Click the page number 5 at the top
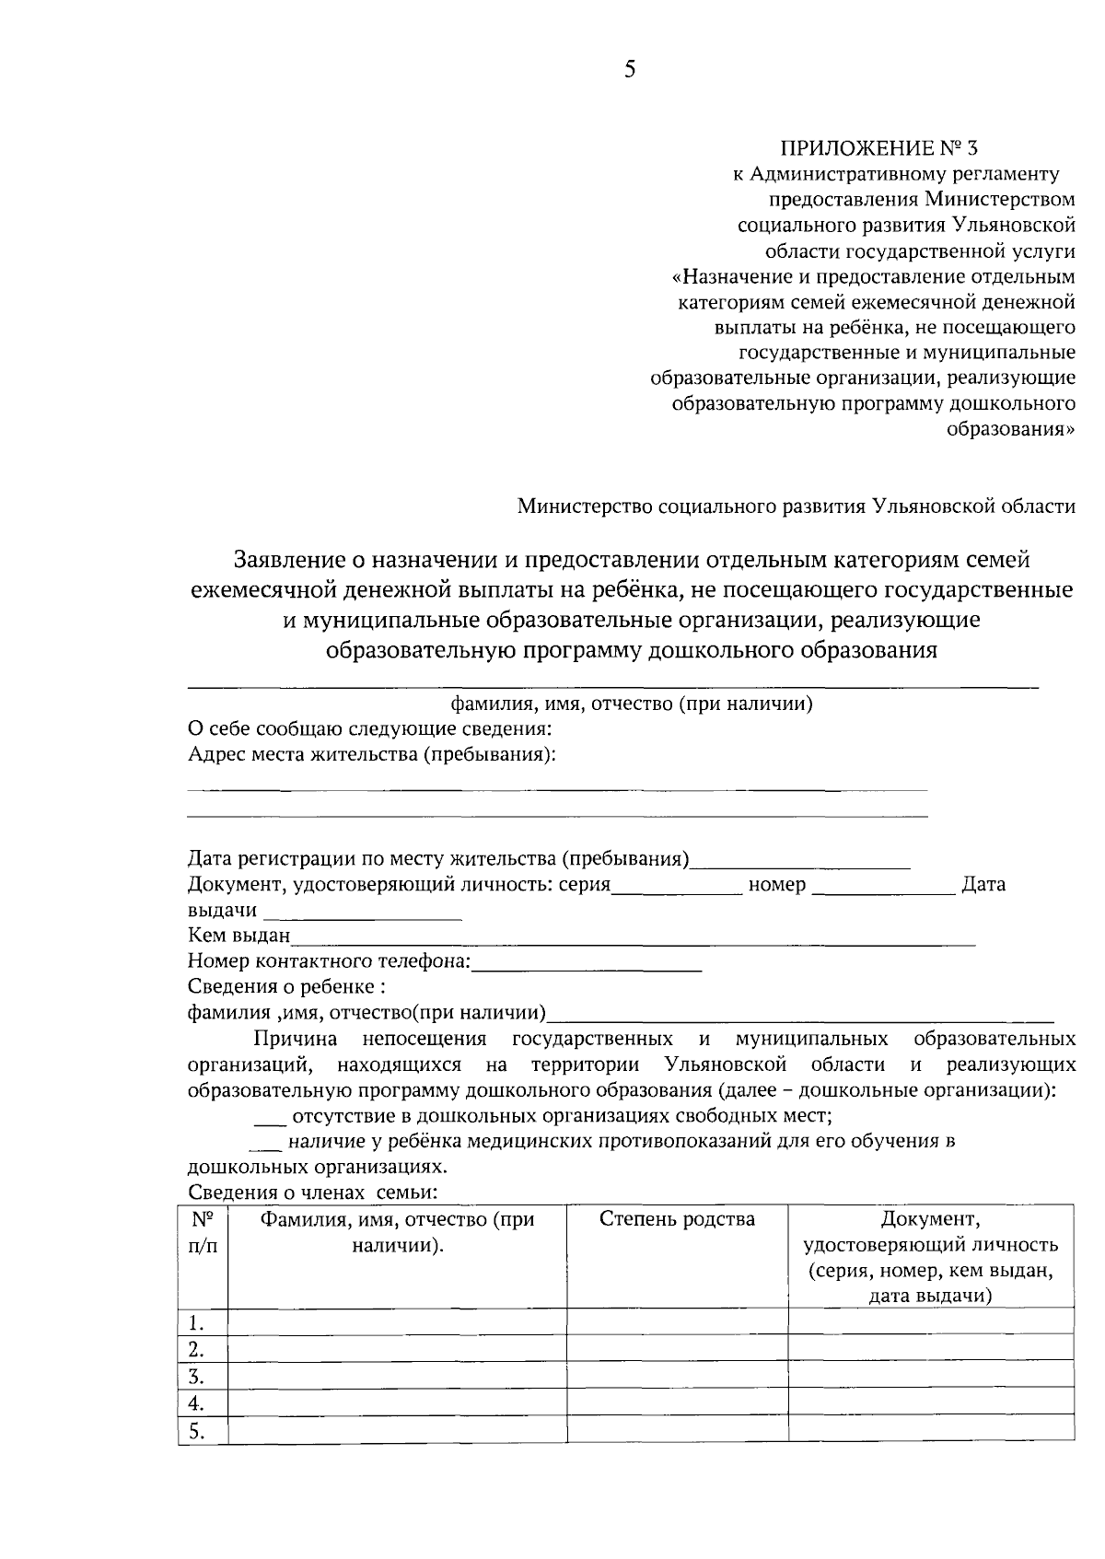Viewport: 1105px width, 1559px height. pos(630,70)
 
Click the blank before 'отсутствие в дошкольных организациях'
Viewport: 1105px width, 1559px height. pos(270,1118)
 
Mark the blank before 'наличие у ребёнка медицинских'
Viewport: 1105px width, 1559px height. pos(266,1144)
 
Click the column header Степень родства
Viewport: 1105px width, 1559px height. pos(677,1220)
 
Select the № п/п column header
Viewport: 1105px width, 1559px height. pos(203,1232)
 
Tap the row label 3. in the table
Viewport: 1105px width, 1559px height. pos(195,1378)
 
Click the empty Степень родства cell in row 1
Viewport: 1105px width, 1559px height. pos(677,1321)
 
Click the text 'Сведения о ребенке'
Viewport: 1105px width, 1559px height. pos(286,987)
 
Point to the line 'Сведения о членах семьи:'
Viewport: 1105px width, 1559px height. pos(311,1193)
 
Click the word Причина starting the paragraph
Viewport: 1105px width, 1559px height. pos(296,1040)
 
